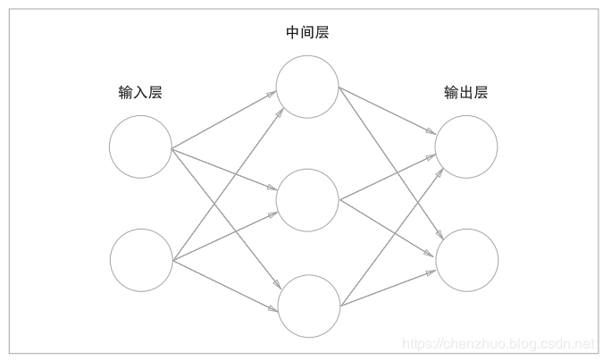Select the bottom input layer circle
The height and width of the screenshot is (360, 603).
tap(140, 260)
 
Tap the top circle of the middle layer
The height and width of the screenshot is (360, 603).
tap(307, 88)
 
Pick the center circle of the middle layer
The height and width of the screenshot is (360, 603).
tap(307, 199)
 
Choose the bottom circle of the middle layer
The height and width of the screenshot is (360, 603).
tap(309, 306)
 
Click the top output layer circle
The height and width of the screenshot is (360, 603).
tap(466, 147)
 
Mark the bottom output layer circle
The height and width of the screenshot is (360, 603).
tap(466, 260)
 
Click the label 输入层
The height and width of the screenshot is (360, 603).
tap(139, 92)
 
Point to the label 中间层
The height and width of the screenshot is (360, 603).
tap(306, 33)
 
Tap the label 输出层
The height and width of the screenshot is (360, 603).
tap(466, 92)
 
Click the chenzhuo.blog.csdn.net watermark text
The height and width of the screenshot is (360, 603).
tap(498, 343)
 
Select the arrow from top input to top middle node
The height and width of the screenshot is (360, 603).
tap(223, 118)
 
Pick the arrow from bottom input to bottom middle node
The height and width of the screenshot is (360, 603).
tap(223, 285)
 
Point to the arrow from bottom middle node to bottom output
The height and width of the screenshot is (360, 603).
tap(389, 285)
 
